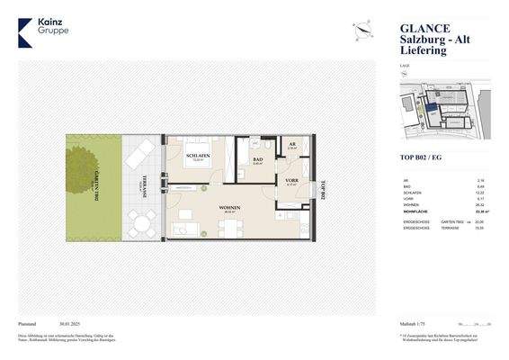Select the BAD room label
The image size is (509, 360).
point(256,157)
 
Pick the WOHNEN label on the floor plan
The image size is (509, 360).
point(229,207)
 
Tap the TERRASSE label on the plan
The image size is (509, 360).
point(143,186)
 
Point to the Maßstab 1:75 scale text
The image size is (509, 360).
point(416,322)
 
